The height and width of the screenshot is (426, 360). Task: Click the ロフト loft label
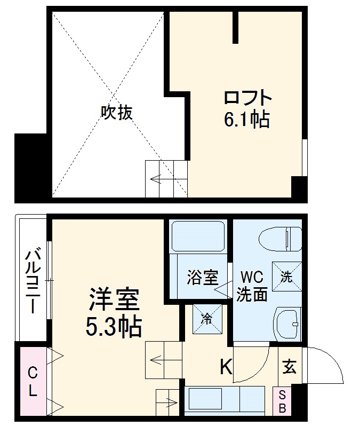(247, 99)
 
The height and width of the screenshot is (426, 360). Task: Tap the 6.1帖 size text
(246, 120)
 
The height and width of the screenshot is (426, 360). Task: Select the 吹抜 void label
(117, 113)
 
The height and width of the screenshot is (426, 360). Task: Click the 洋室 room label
(114, 300)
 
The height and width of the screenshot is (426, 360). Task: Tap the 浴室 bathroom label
(202, 278)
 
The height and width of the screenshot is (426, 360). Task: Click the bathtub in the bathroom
(199, 237)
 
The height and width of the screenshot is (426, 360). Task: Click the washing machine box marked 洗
(287, 276)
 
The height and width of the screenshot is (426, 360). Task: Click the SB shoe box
(283, 401)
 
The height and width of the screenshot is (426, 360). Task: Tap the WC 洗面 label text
(252, 286)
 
